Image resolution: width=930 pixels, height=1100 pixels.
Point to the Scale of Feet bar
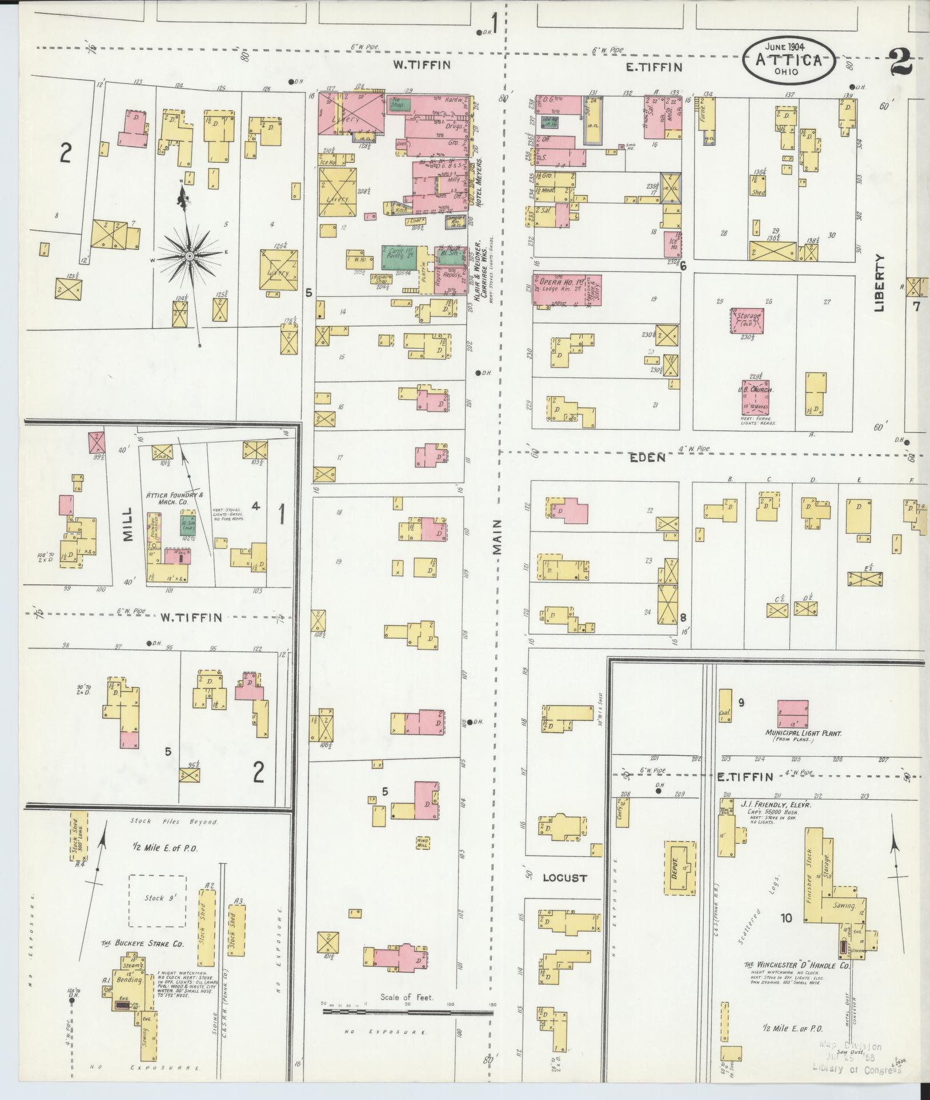pyautogui.click(x=407, y=612)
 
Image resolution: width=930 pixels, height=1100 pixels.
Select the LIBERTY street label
pyautogui.click(x=879, y=283)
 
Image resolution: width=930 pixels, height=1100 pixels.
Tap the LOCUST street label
pyautogui.click(x=564, y=878)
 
